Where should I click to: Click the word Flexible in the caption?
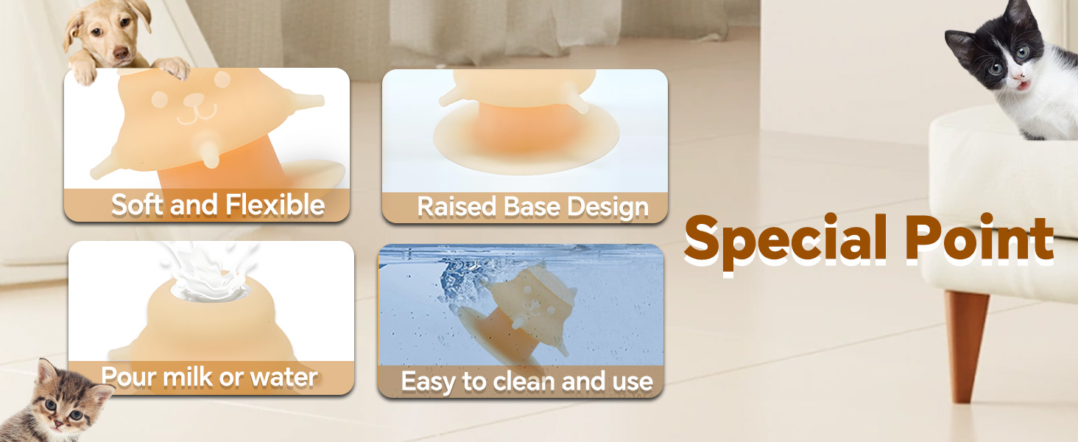point(275,205)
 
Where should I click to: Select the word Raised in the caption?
point(457,207)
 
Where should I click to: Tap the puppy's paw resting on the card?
point(172,68)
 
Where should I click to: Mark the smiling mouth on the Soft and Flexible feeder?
point(198,115)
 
